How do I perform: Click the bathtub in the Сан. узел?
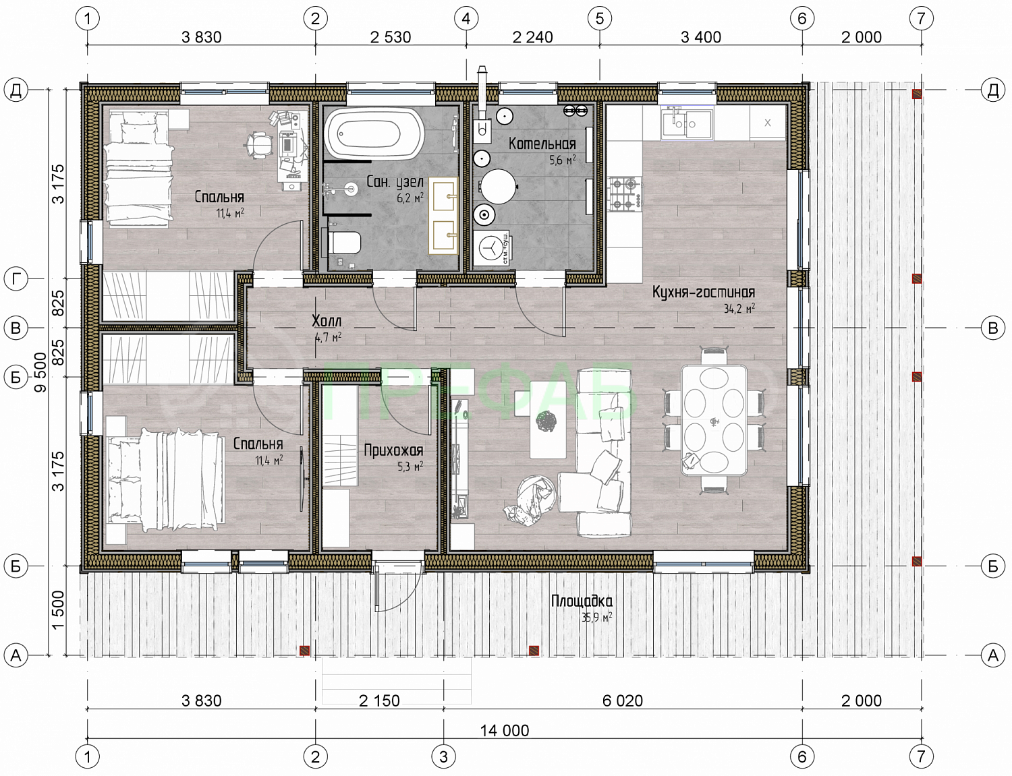point(374,133)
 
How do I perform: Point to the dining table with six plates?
point(714,420)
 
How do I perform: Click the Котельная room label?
point(542,144)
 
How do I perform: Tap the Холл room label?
point(327,321)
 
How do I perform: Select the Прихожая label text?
point(393,450)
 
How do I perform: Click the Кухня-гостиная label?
point(703,292)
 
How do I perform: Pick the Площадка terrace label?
point(582,601)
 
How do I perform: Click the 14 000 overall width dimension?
point(505,730)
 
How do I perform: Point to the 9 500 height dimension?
point(41,372)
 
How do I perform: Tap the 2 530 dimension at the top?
point(391,37)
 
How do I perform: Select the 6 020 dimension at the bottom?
point(623,700)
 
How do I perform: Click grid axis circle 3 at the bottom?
point(443,756)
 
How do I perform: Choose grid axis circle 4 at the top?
point(466,19)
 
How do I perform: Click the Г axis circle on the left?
point(16,279)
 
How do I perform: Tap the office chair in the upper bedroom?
point(258,143)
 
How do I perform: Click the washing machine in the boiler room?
point(491,247)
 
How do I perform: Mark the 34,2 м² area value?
point(739,308)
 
